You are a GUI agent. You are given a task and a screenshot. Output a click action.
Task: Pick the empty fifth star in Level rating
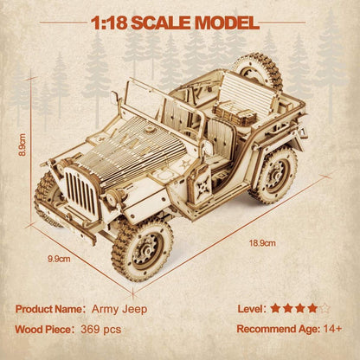coord(324,307)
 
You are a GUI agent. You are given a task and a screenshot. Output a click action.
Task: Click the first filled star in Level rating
coord(275,307)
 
